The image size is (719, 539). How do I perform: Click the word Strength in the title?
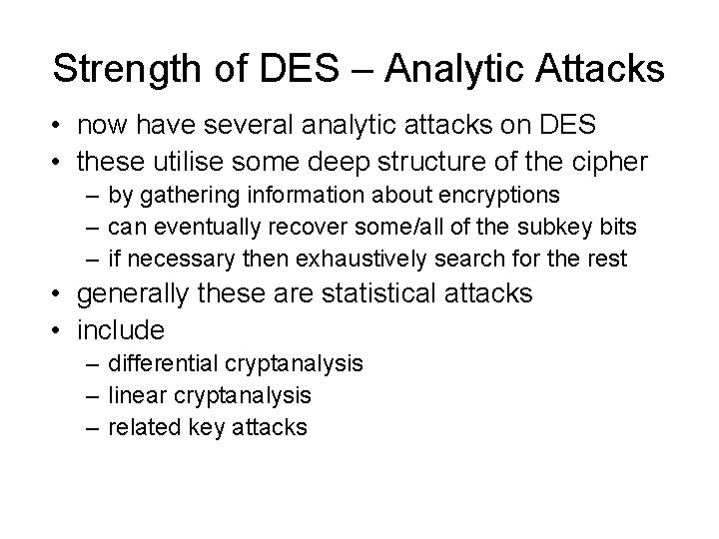coord(131,71)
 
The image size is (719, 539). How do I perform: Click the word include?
coord(121,328)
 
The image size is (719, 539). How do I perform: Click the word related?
coord(143,428)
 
